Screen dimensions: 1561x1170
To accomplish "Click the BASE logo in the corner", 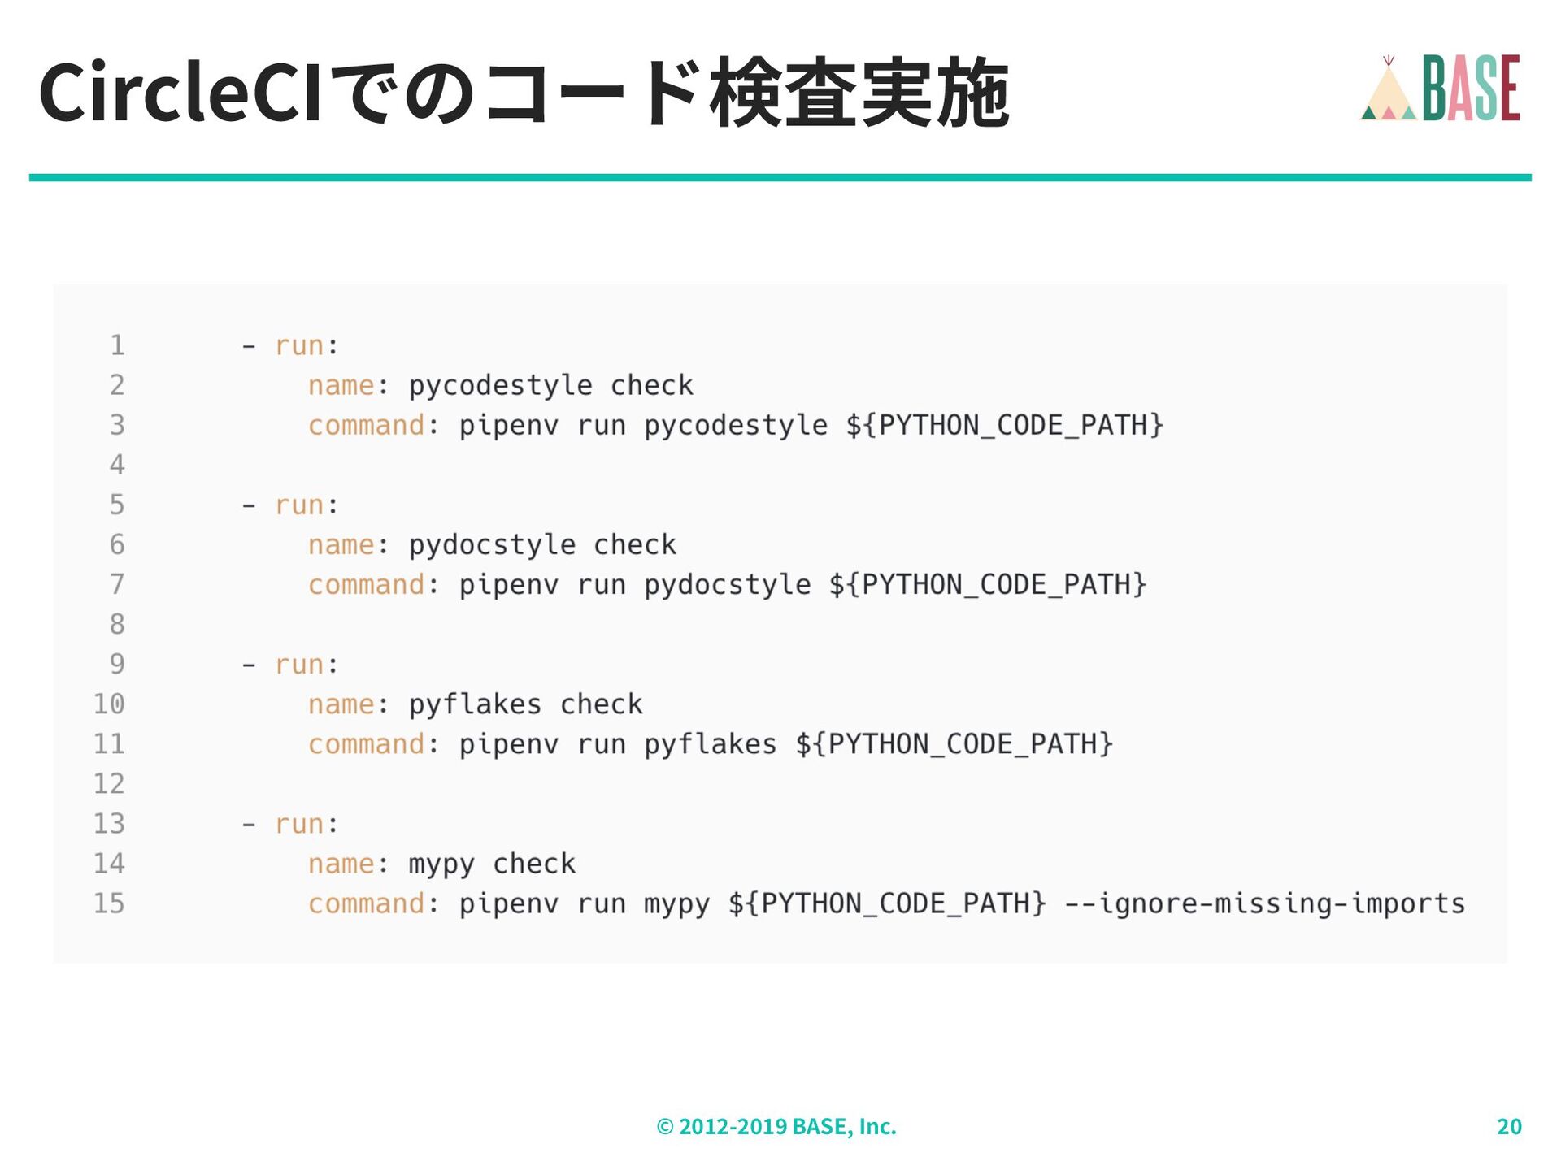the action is pyautogui.click(x=1440, y=88).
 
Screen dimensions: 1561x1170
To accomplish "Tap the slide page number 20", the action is pyautogui.click(x=1509, y=1126).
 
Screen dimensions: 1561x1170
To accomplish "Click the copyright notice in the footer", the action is pyautogui.click(x=776, y=1126).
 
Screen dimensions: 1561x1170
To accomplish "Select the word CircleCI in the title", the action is pyautogui.click(x=180, y=93).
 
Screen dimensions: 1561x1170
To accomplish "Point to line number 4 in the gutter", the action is pyautogui.click(x=117, y=465).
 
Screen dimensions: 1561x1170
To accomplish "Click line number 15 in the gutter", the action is pyautogui.click(x=109, y=903).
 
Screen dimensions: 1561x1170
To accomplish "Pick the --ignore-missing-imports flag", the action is pyautogui.click(x=1265, y=903).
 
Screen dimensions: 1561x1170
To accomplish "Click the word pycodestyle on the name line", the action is pyautogui.click(x=500, y=385).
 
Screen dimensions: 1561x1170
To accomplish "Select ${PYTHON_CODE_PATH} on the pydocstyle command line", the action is pyautogui.click(x=988, y=584).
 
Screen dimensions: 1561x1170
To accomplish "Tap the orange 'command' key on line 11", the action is pyautogui.click(x=366, y=744).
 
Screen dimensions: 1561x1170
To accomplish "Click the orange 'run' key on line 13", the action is pyautogui.click(x=299, y=824).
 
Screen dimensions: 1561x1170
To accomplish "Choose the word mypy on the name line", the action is pyautogui.click(x=441, y=864).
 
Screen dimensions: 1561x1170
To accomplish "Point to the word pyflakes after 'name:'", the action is pyautogui.click(x=475, y=704).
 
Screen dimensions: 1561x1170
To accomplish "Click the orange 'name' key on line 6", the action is pyautogui.click(x=341, y=544).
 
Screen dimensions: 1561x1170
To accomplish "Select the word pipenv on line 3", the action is pyautogui.click(x=509, y=425).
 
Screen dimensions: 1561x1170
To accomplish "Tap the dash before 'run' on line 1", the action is pyautogui.click(x=249, y=346).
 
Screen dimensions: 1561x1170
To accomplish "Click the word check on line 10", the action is pyautogui.click(x=602, y=704).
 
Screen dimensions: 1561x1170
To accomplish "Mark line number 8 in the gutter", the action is pyautogui.click(x=117, y=624).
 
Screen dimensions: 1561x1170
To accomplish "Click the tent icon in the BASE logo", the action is pyautogui.click(x=1389, y=91).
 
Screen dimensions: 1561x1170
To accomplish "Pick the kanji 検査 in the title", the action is pyautogui.click(x=782, y=93).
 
